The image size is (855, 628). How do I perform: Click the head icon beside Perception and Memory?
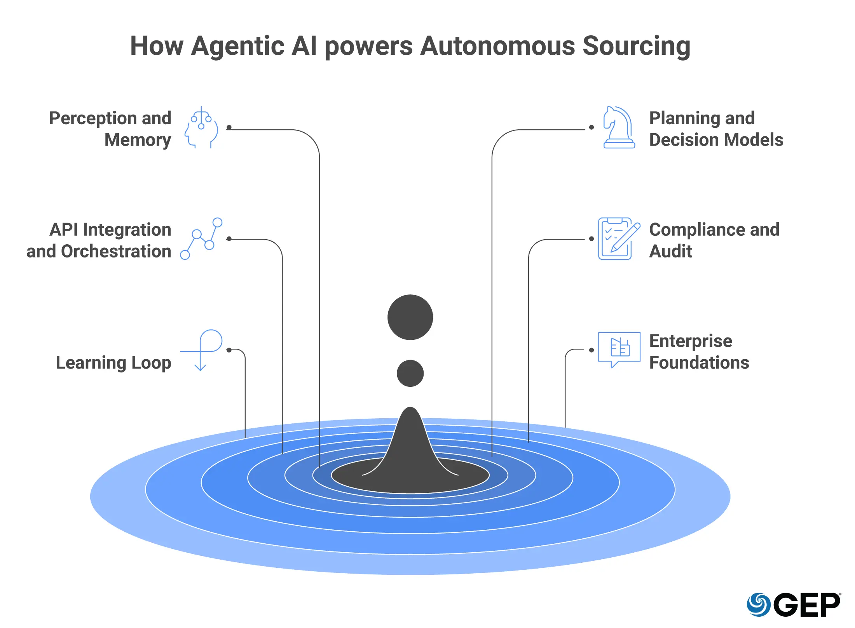202,127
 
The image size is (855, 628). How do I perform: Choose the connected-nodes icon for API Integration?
201,238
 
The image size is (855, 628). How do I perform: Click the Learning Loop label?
113,363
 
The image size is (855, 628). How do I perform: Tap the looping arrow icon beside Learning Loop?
202,350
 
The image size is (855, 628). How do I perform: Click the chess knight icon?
618,127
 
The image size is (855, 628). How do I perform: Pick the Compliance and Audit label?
714,240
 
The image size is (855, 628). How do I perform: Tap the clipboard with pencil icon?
618,238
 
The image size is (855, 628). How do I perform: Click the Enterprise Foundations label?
699,352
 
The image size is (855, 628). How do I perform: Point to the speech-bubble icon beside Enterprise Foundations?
619,349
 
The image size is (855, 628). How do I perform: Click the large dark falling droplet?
410,317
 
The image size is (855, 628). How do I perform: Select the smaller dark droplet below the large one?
410,373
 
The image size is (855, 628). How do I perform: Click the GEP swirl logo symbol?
758,605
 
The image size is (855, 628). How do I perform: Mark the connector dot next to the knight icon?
592,127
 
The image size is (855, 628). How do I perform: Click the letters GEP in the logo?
807,605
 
